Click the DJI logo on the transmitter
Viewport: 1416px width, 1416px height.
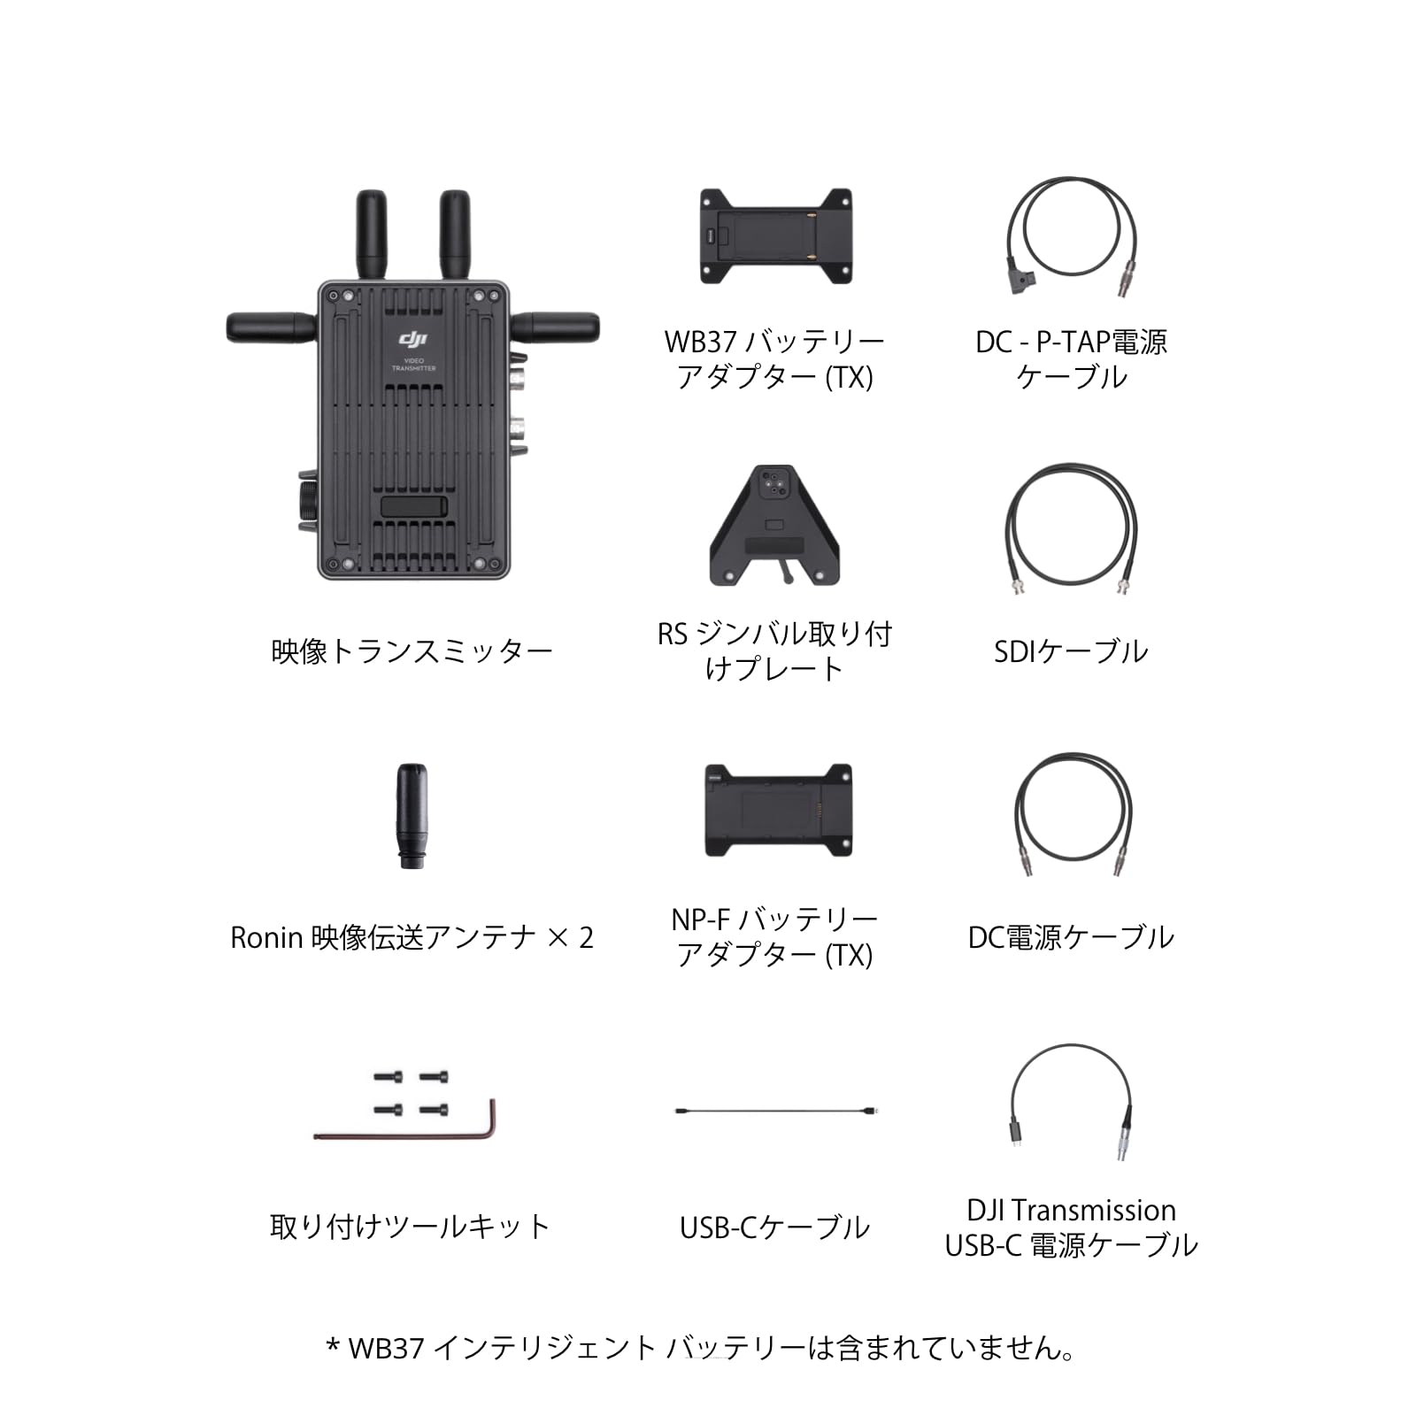tap(413, 340)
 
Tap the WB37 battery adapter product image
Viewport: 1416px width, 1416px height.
tap(775, 235)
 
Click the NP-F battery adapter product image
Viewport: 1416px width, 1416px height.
tap(778, 810)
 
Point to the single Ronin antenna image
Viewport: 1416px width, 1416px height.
tap(412, 816)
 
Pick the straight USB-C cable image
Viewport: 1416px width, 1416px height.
tap(775, 1111)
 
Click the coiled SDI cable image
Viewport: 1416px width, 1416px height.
tap(1071, 528)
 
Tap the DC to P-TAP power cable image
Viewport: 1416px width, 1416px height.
tap(1071, 230)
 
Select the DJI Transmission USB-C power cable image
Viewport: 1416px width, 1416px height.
tap(1071, 1102)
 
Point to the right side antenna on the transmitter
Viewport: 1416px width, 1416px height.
tap(558, 327)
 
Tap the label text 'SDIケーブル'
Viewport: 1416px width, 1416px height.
tap(1071, 652)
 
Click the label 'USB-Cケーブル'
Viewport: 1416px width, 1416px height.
tap(774, 1227)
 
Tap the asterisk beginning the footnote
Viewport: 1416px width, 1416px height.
tap(334, 1347)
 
